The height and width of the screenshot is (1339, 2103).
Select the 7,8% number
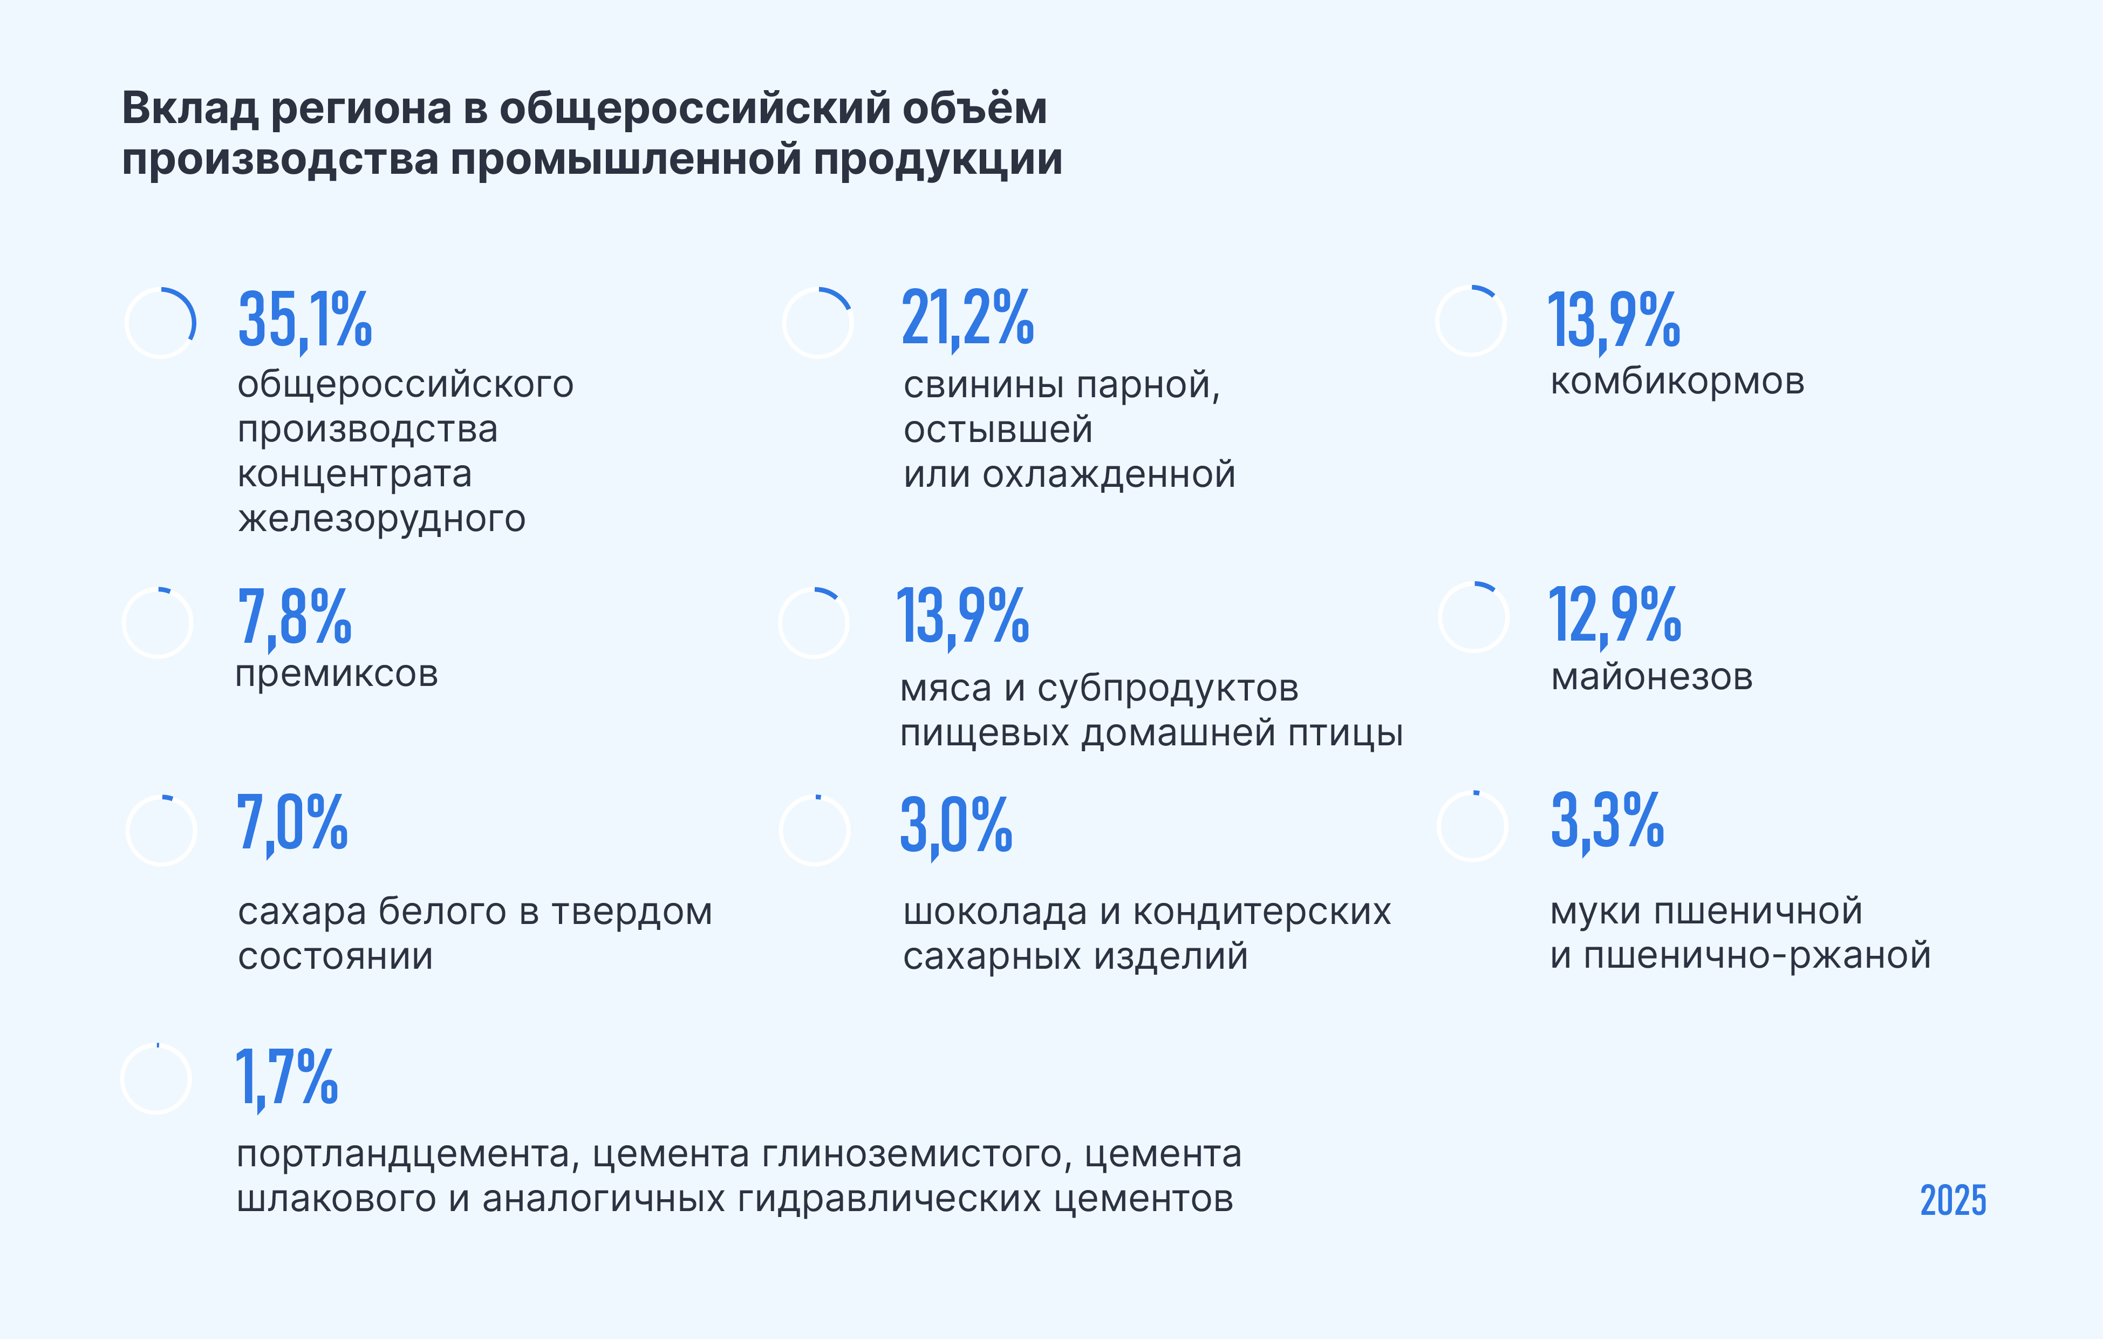click(295, 617)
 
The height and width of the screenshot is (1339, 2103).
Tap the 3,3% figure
click(1608, 820)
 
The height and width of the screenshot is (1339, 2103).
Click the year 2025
click(1953, 1201)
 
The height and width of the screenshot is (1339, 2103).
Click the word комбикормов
click(1677, 382)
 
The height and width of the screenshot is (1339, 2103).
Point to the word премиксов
click(336, 674)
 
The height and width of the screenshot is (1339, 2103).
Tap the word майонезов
click(1651, 677)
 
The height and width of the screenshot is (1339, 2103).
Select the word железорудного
click(381, 519)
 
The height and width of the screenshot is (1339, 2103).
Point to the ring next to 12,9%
click(1473, 617)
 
